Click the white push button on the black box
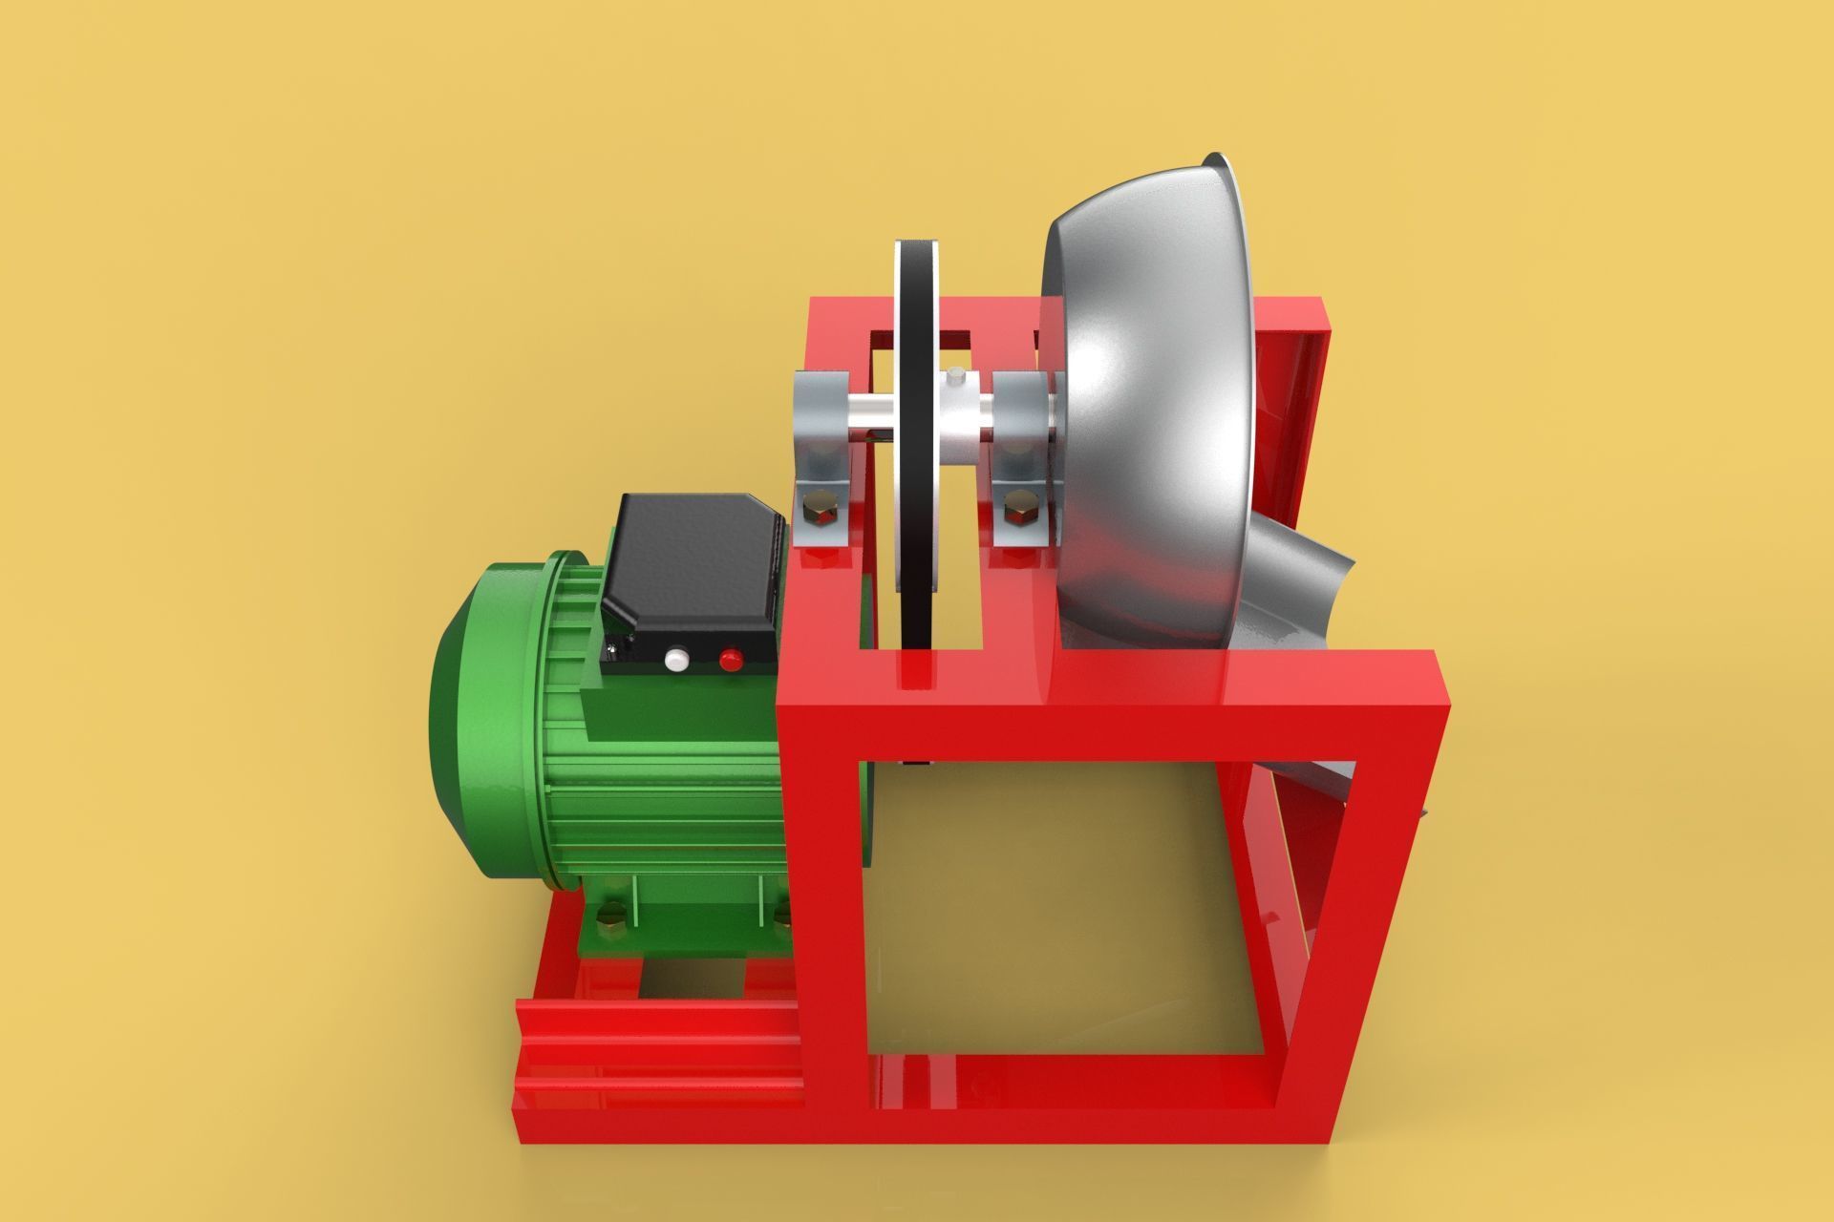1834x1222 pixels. point(677,659)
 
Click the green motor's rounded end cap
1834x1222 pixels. point(468,726)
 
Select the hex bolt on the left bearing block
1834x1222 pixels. point(819,507)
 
